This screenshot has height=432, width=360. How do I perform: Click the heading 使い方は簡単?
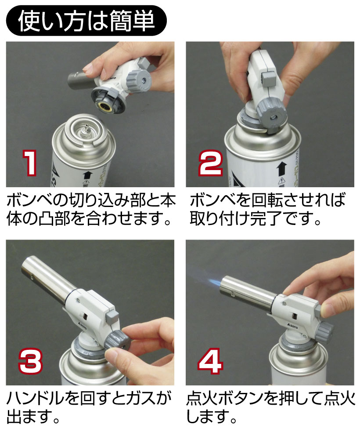point(86,21)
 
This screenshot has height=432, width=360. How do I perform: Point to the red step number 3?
point(31,361)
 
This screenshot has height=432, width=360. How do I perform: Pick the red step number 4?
point(210,361)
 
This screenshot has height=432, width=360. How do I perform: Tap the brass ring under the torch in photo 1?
point(106,107)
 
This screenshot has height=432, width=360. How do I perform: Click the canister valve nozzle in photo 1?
point(85,127)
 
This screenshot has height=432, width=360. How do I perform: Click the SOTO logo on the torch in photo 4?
point(292,326)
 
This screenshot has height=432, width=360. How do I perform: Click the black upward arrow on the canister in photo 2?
point(281,168)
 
